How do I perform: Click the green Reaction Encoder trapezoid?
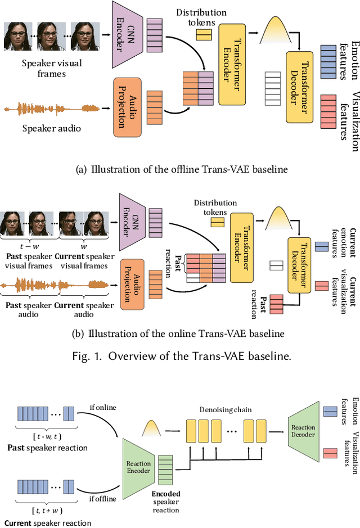click(138, 463)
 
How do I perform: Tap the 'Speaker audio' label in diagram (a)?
click(52, 128)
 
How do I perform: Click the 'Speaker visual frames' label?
click(52, 68)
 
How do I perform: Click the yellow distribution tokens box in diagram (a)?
click(204, 35)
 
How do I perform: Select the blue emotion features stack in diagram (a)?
click(328, 59)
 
